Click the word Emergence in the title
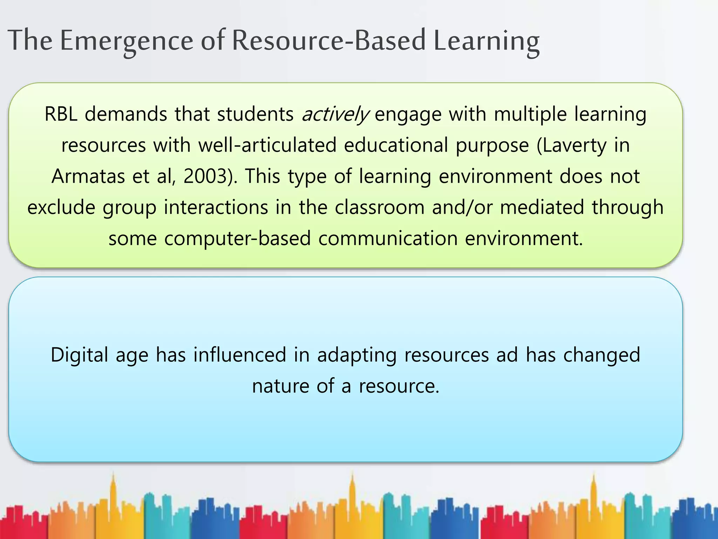(x=126, y=41)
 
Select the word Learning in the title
(x=486, y=41)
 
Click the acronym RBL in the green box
(x=61, y=114)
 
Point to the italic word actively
(x=335, y=115)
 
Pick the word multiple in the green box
(x=530, y=114)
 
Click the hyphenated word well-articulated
(x=267, y=145)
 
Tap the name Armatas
(x=88, y=176)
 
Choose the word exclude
(x=61, y=207)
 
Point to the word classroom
(x=379, y=207)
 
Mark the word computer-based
(x=237, y=238)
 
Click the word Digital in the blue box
(x=79, y=355)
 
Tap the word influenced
(x=240, y=355)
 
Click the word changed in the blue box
(x=602, y=355)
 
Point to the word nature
(x=280, y=386)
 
